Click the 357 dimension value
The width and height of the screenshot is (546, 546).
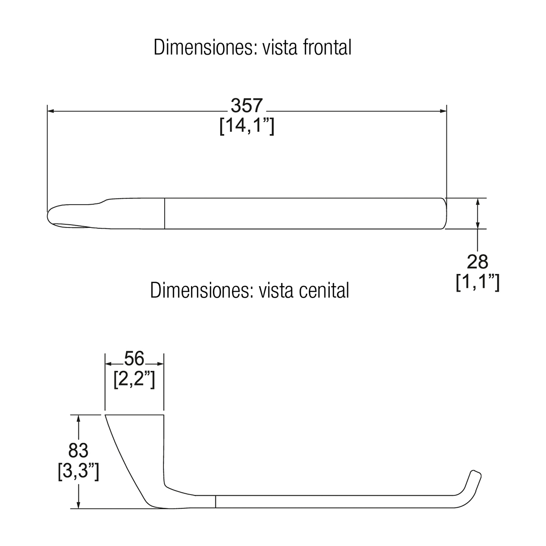pos(247,106)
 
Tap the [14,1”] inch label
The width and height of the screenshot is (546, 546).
pos(247,126)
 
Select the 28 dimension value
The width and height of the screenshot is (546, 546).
pos(477,262)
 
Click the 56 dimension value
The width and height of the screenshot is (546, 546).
pos(134,359)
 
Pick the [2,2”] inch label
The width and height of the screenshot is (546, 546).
pos(134,379)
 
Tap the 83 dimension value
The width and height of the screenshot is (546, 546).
pos(78,450)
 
